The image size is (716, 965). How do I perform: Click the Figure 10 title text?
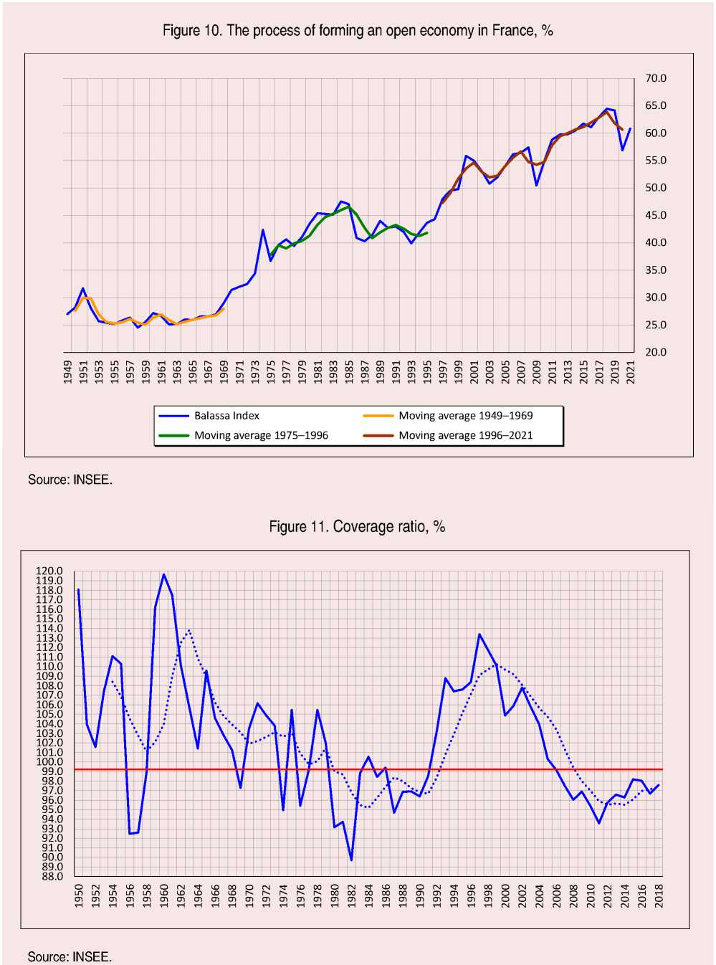pyautogui.click(x=358, y=31)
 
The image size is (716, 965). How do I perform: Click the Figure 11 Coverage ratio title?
pyautogui.click(x=357, y=527)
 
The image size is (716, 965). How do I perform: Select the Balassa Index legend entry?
pyautogui.click(x=226, y=416)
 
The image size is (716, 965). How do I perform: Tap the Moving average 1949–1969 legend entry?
pyautogui.click(x=465, y=416)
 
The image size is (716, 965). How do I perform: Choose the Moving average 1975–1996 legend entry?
pyautogui.click(x=261, y=435)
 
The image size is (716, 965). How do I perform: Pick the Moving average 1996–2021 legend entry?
pyautogui.click(x=465, y=435)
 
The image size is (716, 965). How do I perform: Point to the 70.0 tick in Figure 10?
pyautogui.click(x=655, y=78)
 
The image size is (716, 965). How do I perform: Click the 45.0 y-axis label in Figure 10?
pyautogui.click(x=655, y=215)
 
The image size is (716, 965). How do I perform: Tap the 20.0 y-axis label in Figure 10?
pyautogui.click(x=655, y=352)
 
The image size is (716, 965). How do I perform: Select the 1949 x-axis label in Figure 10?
pyautogui.click(x=68, y=372)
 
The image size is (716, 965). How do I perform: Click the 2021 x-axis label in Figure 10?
pyautogui.click(x=631, y=372)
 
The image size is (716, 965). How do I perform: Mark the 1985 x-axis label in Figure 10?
pyautogui.click(x=349, y=372)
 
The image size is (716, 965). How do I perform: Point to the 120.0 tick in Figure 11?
pyautogui.click(x=49, y=571)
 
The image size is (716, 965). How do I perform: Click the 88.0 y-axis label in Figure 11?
pyautogui.click(x=52, y=876)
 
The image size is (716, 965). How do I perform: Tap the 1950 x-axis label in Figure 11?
pyautogui.click(x=79, y=895)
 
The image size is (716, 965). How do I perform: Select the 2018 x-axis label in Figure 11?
pyautogui.click(x=659, y=895)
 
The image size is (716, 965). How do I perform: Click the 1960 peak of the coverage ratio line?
pyautogui.click(x=164, y=574)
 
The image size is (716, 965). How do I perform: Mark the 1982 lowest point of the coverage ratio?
pyautogui.click(x=351, y=860)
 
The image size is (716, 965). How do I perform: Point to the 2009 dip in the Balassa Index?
pyautogui.click(x=537, y=185)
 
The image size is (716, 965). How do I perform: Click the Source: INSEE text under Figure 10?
pyautogui.click(x=70, y=480)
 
